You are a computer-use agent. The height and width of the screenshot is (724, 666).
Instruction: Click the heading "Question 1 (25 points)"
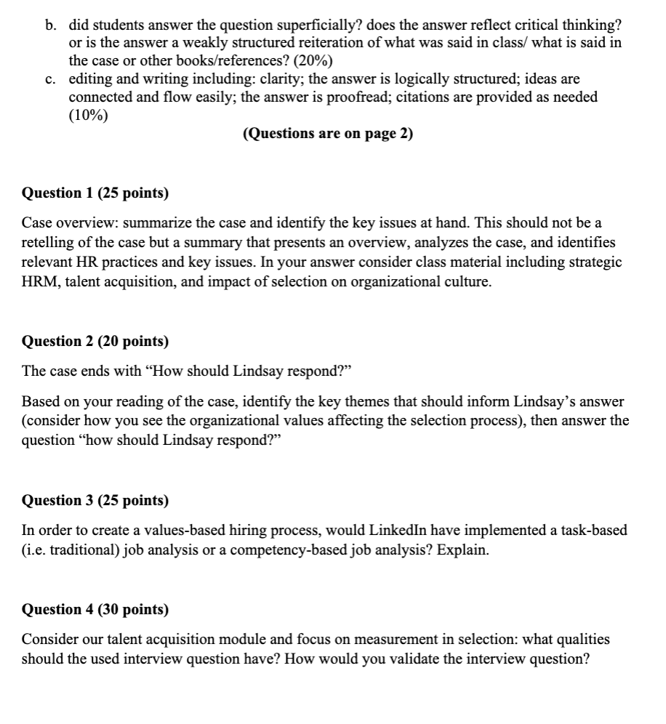[x=95, y=193]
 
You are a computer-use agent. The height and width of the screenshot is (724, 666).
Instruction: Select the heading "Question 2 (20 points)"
[x=95, y=341]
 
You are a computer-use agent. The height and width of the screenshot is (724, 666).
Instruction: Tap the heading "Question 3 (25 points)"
[x=95, y=500]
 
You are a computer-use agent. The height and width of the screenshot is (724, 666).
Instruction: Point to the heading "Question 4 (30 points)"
[x=95, y=609]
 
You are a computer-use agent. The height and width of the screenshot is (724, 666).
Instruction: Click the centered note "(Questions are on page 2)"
[x=329, y=133]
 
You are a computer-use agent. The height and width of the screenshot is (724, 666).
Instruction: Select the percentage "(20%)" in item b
[x=313, y=60]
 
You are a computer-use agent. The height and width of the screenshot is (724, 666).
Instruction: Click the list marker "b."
[x=50, y=25]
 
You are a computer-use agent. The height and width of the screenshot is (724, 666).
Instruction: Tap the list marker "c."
[x=50, y=79]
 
